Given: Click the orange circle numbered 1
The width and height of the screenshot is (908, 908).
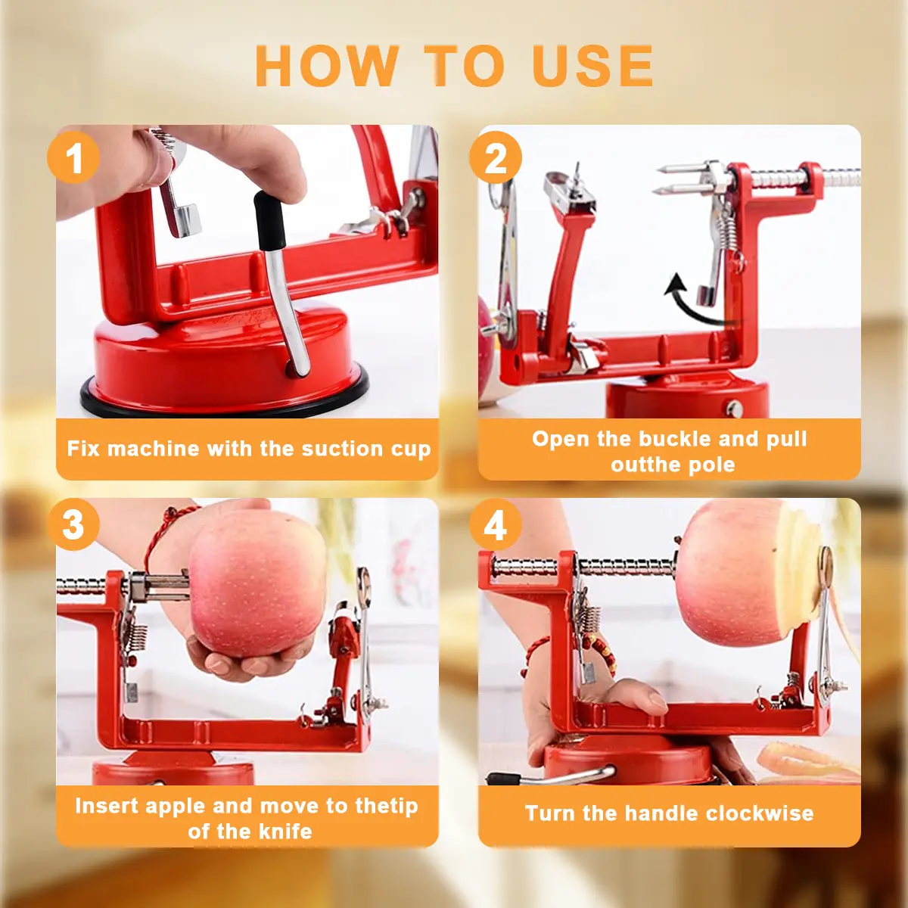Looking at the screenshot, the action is click(73, 157).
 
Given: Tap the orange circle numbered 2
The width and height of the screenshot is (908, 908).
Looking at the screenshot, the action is click(495, 157).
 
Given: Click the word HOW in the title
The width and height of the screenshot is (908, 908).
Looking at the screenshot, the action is click(327, 66).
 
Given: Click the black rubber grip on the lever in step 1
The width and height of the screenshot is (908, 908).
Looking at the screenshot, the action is click(269, 220).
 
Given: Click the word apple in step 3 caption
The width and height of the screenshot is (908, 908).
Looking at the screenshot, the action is click(176, 807).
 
